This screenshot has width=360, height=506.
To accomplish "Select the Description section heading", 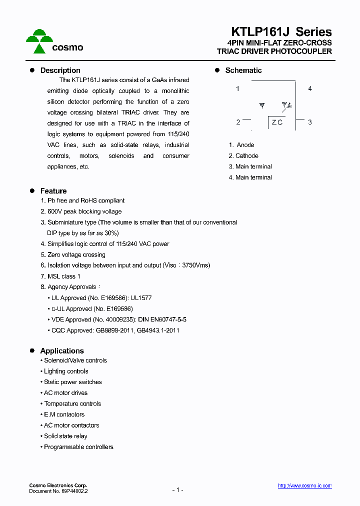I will pyautogui.click(x=60, y=70).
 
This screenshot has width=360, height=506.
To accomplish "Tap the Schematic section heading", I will pyautogui.click(x=243, y=70).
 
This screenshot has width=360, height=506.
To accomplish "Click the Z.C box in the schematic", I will pyautogui.click(x=277, y=122).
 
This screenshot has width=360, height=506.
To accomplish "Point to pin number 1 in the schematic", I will pyautogui.click(x=237, y=88).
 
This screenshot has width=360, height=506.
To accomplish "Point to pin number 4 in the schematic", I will pyautogui.click(x=310, y=88).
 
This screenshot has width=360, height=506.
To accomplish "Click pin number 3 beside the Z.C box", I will pyautogui.click(x=310, y=122).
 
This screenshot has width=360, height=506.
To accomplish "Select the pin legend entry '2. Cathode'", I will pyautogui.click(x=243, y=156).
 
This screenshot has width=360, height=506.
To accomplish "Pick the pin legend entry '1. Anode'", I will pyautogui.click(x=241, y=145).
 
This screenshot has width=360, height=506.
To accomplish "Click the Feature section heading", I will pyautogui.click(x=53, y=191).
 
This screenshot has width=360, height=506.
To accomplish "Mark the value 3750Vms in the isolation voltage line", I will pyautogui.click(x=194, y=265).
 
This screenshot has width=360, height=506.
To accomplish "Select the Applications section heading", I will pyautogui.click(x=62, y=351).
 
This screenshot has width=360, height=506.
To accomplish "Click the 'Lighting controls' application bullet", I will pyautogui.click(x=66, y=371).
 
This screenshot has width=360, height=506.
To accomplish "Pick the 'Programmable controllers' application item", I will pyautogui.click(x=78, y=447).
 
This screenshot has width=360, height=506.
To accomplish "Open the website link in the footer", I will pyautogui.click(x=304, y=486).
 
